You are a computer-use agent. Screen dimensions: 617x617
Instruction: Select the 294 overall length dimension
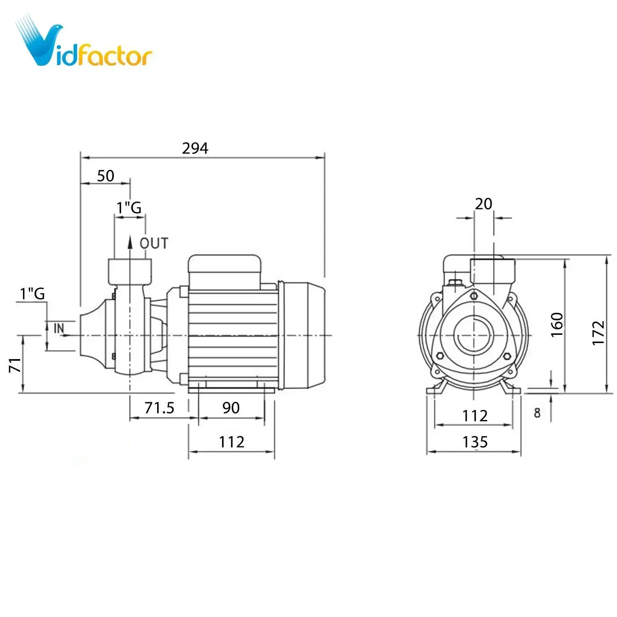pos(195,148)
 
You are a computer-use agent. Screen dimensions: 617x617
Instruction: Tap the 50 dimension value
pos(105,176)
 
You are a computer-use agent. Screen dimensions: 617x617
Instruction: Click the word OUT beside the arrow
pos(154,243)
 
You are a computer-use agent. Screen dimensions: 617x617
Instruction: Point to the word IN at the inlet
pos(59,328)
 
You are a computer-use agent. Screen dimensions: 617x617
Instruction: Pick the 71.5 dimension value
pos(159,408)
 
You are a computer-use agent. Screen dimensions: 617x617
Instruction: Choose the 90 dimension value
pos(231,408)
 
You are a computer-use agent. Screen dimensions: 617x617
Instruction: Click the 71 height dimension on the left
pos(15,365)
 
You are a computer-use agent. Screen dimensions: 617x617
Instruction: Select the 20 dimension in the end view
pos(483,204)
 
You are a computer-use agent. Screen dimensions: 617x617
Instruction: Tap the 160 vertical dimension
pos(557,325)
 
